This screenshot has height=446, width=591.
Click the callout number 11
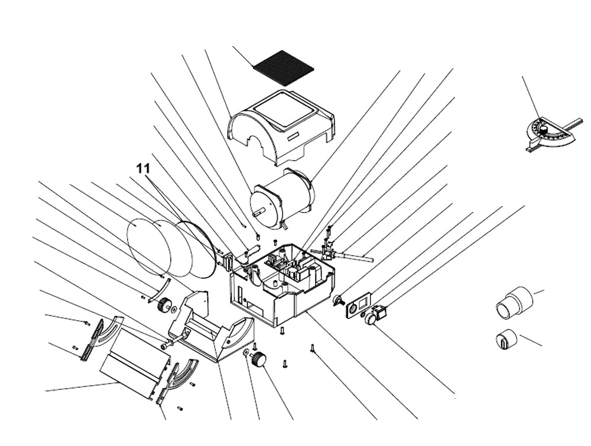pos(143,168)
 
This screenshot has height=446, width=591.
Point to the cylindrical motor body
pos(284,195)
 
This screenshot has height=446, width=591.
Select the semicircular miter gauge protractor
pos(550,133)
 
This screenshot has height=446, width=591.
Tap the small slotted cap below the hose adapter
pos(505,339)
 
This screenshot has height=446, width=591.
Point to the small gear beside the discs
pos(164,306)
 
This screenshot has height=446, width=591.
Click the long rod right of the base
pos(355,256)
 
